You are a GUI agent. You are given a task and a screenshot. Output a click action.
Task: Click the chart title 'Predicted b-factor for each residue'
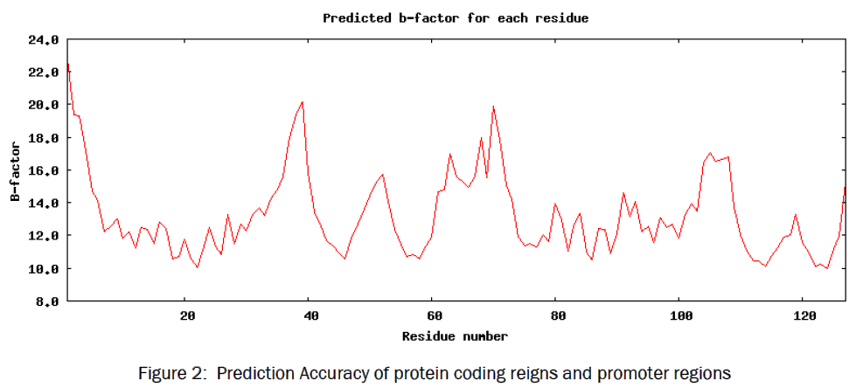pos(456,17)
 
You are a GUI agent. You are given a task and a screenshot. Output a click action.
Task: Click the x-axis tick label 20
pos(186,316)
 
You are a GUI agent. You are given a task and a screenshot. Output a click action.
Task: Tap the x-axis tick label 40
pos(310,316)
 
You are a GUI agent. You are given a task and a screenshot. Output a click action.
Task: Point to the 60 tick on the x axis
pos(432,316)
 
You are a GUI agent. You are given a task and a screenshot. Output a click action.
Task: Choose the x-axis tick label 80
pos(555,316)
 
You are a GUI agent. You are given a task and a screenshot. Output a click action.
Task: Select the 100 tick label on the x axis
pos(679,316)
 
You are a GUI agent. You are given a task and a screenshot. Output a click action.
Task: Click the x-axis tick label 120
pos(802,316)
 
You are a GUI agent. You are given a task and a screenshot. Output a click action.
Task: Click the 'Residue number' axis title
pos(455,335)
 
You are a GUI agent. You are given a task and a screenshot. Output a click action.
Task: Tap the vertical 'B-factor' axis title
pos(15,170)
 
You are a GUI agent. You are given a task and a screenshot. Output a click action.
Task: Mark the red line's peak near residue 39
pos(303,102)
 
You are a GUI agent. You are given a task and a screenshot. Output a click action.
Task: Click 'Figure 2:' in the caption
pos(171,373)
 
